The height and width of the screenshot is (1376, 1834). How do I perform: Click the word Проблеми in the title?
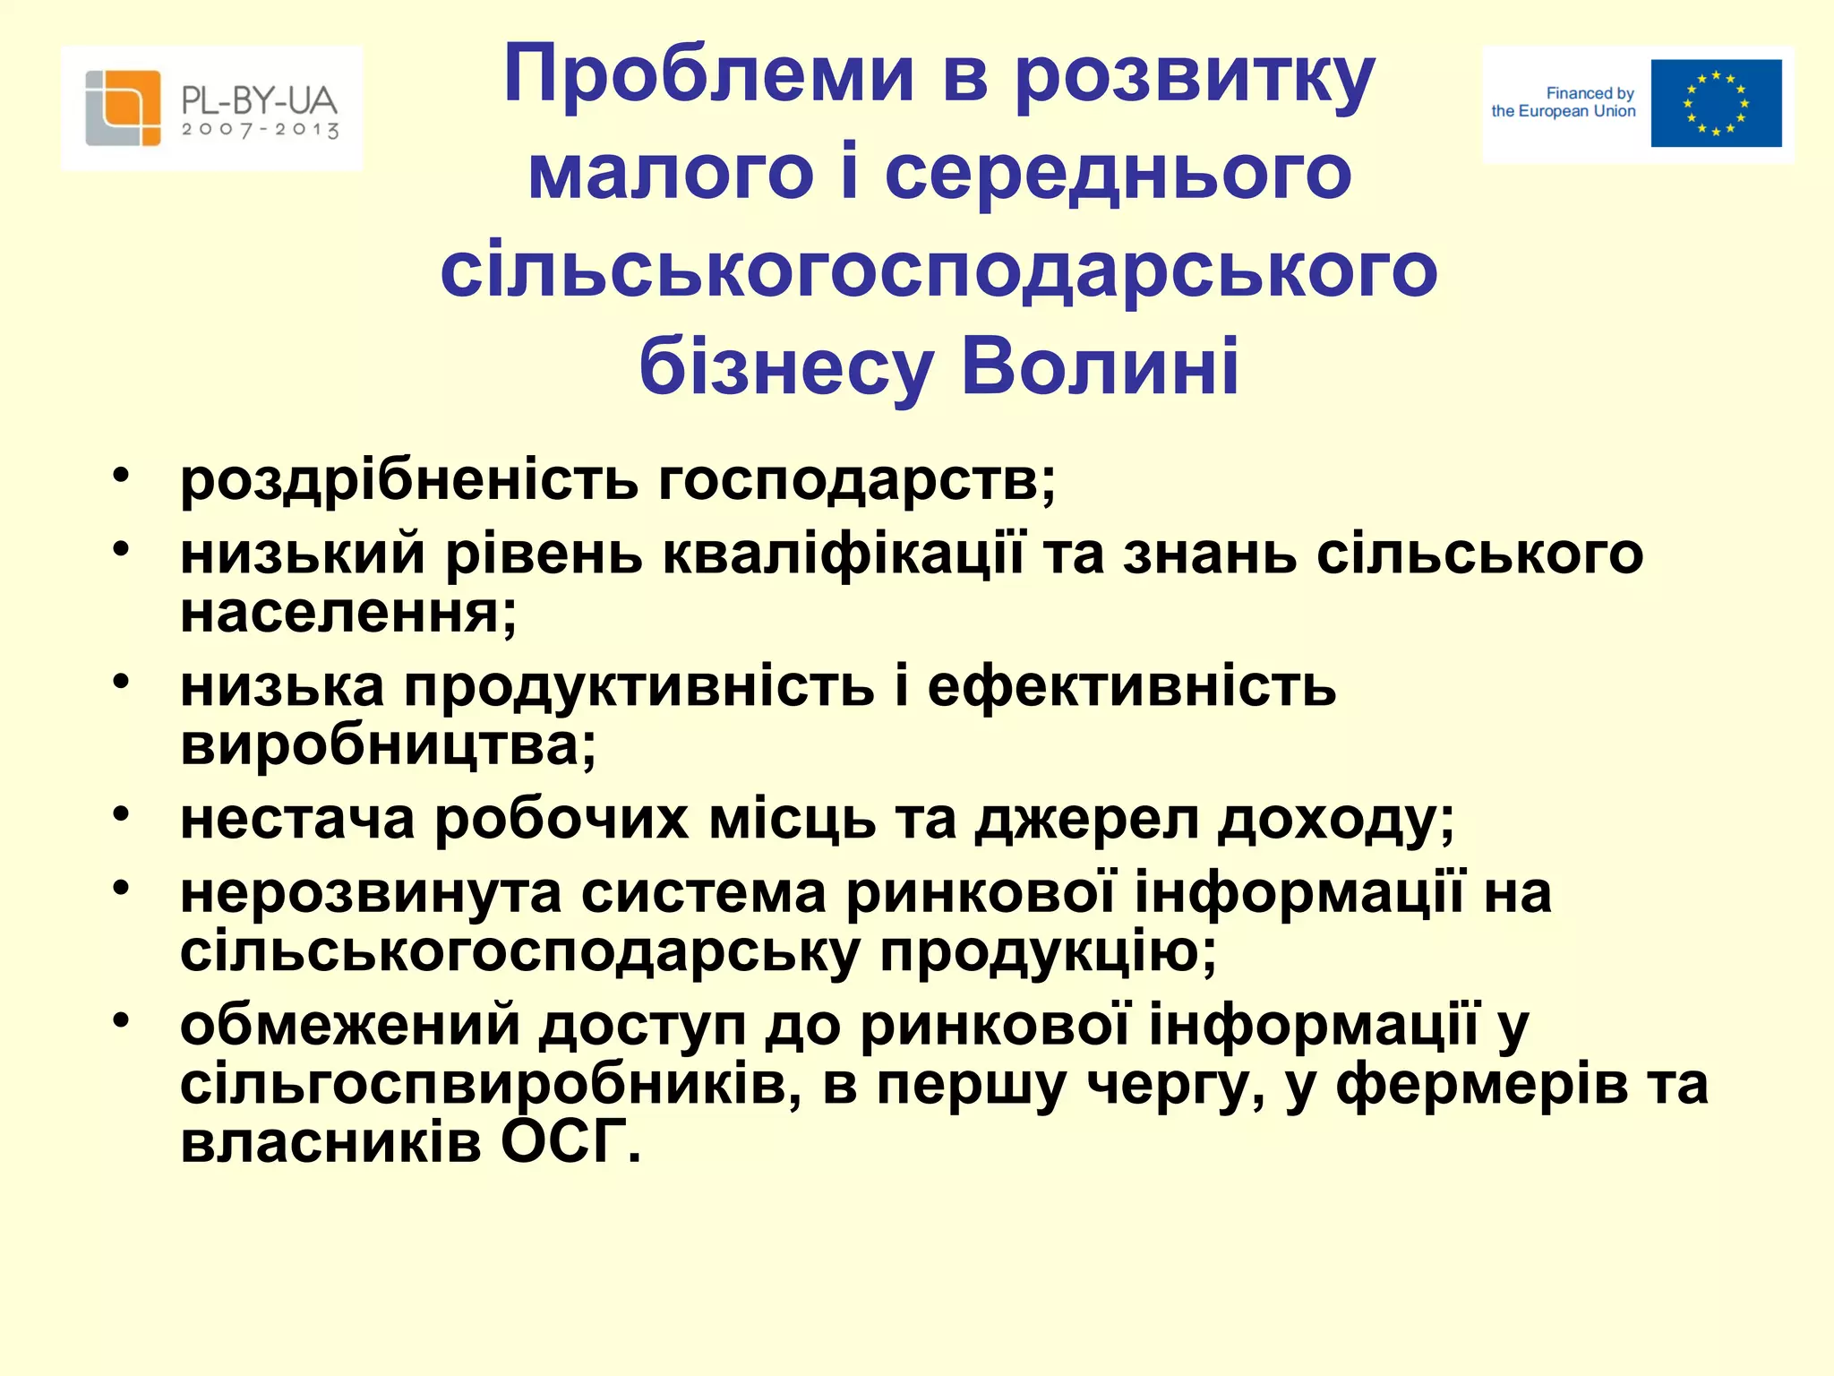707,76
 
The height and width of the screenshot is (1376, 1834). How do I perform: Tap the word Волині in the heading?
1100,367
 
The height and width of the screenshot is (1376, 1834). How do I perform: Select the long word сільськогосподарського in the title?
938,271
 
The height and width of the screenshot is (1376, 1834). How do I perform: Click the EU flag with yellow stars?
1716,103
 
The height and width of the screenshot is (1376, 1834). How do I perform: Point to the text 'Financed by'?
1590,93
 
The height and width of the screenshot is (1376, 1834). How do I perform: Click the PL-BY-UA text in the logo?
260,100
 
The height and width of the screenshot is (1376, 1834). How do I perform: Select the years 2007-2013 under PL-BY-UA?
260,130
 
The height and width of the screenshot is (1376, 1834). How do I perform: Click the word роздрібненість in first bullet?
409,481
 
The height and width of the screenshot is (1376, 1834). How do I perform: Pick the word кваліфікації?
842,554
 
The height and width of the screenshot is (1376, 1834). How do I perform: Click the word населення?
348,614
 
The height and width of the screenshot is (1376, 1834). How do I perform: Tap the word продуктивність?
638,687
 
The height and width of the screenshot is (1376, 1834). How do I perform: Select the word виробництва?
388,745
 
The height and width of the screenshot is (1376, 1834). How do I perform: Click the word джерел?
1086,820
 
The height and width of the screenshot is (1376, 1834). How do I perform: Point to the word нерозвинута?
370,893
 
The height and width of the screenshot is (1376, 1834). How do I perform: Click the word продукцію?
1048,951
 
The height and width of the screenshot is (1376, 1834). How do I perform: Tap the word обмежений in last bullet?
349,1026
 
